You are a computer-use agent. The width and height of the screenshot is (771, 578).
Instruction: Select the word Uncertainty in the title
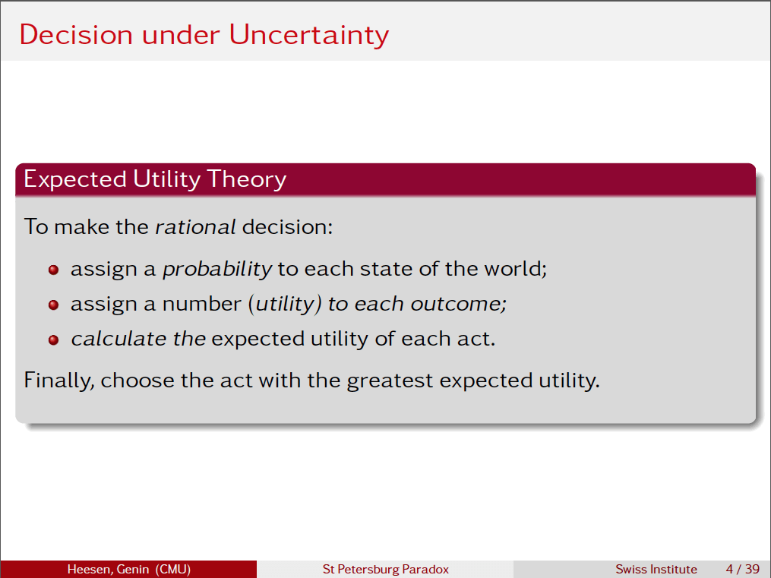coord(309,35)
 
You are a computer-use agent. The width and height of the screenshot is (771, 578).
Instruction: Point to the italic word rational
coord(195,226)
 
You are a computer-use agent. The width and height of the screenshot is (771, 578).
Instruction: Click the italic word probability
coord(217,269)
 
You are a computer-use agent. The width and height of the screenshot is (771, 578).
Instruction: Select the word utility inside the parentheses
coord(284,304)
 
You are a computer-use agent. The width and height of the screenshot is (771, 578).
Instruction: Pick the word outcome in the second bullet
coord(459,304)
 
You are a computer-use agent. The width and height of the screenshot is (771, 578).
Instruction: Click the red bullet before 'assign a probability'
coord(53,270)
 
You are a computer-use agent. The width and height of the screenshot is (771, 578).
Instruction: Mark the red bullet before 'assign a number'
coord(53,305)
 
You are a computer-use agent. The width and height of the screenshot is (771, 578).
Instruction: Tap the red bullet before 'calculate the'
coord(53,340)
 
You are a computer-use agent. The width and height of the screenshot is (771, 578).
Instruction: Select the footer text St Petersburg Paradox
coord(385,569)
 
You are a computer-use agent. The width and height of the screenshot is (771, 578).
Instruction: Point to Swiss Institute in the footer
coord(656,569)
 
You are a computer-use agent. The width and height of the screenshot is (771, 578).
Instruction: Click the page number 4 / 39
coord(742,569)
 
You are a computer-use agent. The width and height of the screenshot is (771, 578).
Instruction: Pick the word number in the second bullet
coord(201,304)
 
